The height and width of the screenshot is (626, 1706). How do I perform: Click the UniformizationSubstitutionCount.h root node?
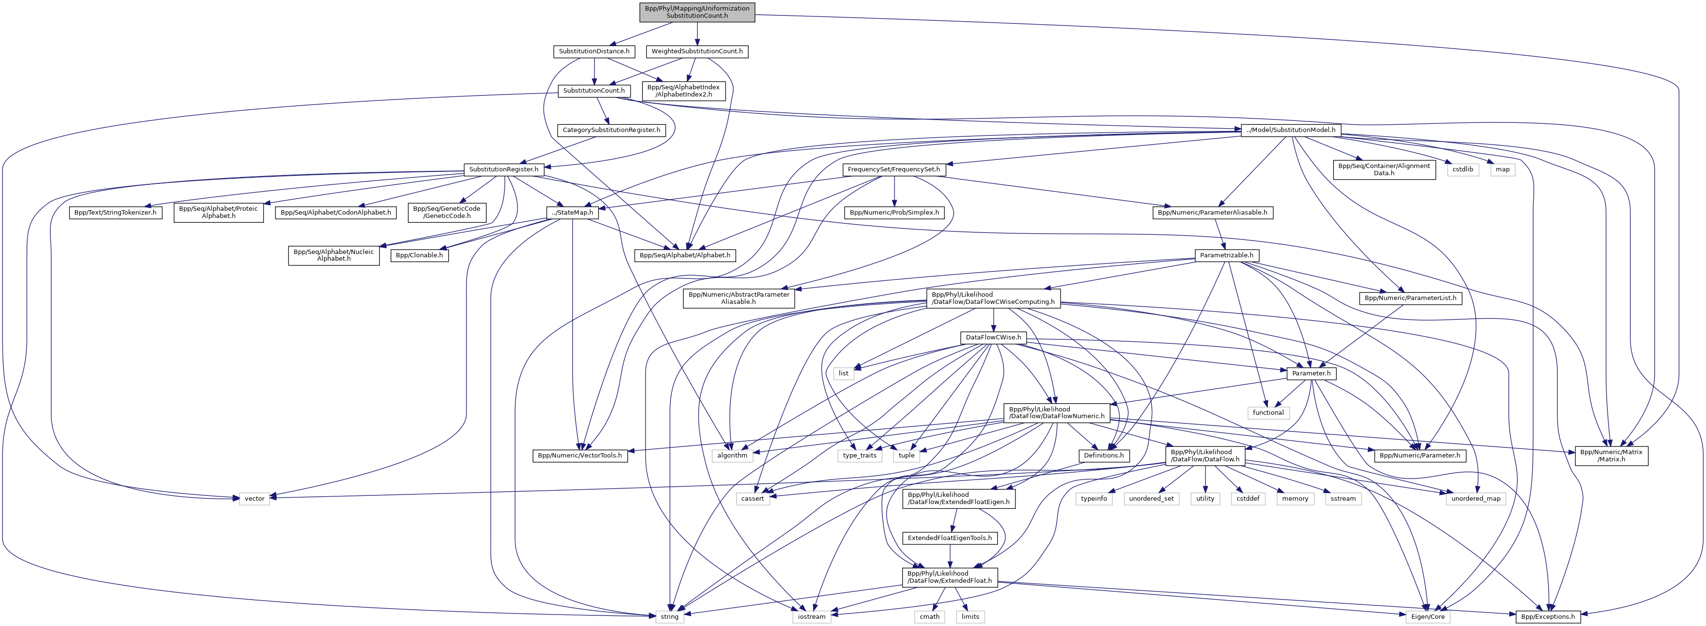(697, 12)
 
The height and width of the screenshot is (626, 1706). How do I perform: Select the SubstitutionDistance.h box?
(594, 51)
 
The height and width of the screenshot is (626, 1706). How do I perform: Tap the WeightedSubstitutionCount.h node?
(697, 51)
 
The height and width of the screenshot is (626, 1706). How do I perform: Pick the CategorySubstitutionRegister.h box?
(611, 130)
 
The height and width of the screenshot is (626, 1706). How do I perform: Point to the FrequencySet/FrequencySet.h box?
(894, 169)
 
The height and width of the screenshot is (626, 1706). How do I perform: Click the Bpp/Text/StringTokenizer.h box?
(115, 213)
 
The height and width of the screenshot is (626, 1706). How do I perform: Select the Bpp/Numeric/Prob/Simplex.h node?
(894, 213)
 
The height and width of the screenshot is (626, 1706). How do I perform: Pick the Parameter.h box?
(1311, 373)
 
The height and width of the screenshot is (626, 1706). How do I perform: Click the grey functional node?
(1267, 413)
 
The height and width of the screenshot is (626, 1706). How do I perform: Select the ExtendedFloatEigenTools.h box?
(950, 538)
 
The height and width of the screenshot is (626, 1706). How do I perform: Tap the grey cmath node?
(929, 617)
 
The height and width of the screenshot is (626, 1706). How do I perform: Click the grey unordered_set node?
(1151, 499)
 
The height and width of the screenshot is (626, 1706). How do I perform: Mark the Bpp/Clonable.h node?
(419, 255)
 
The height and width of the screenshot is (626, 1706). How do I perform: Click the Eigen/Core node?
(1427, 617)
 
